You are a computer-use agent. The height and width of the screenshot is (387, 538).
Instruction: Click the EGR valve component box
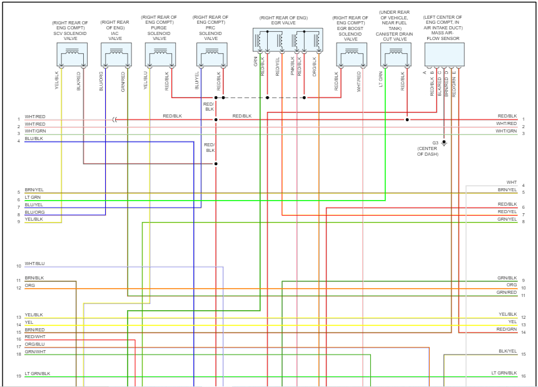[x=288, y=41]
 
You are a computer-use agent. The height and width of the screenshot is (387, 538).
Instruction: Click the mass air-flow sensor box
[x=444, y=54]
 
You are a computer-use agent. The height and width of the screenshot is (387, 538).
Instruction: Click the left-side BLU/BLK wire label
[x=34, y=139]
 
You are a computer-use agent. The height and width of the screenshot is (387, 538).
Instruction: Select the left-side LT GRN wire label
[x=33, y=198]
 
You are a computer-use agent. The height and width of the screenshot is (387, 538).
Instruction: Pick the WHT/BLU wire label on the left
[x=35, y=264]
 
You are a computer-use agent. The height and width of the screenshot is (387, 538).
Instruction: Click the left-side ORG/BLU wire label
[x=35, y=344]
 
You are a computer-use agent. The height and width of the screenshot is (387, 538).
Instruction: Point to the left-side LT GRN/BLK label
[x=38, y=374]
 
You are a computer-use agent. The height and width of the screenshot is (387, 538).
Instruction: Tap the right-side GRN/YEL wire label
[x=507, y=219]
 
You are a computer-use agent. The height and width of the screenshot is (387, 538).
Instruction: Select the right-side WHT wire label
[x=512, y=183]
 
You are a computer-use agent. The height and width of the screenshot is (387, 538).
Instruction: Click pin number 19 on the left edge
[x=19, y=376]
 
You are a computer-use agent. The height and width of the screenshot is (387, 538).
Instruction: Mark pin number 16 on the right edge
[x=523, y=376]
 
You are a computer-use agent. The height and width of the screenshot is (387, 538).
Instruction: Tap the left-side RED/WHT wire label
[x=35, y=337]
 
